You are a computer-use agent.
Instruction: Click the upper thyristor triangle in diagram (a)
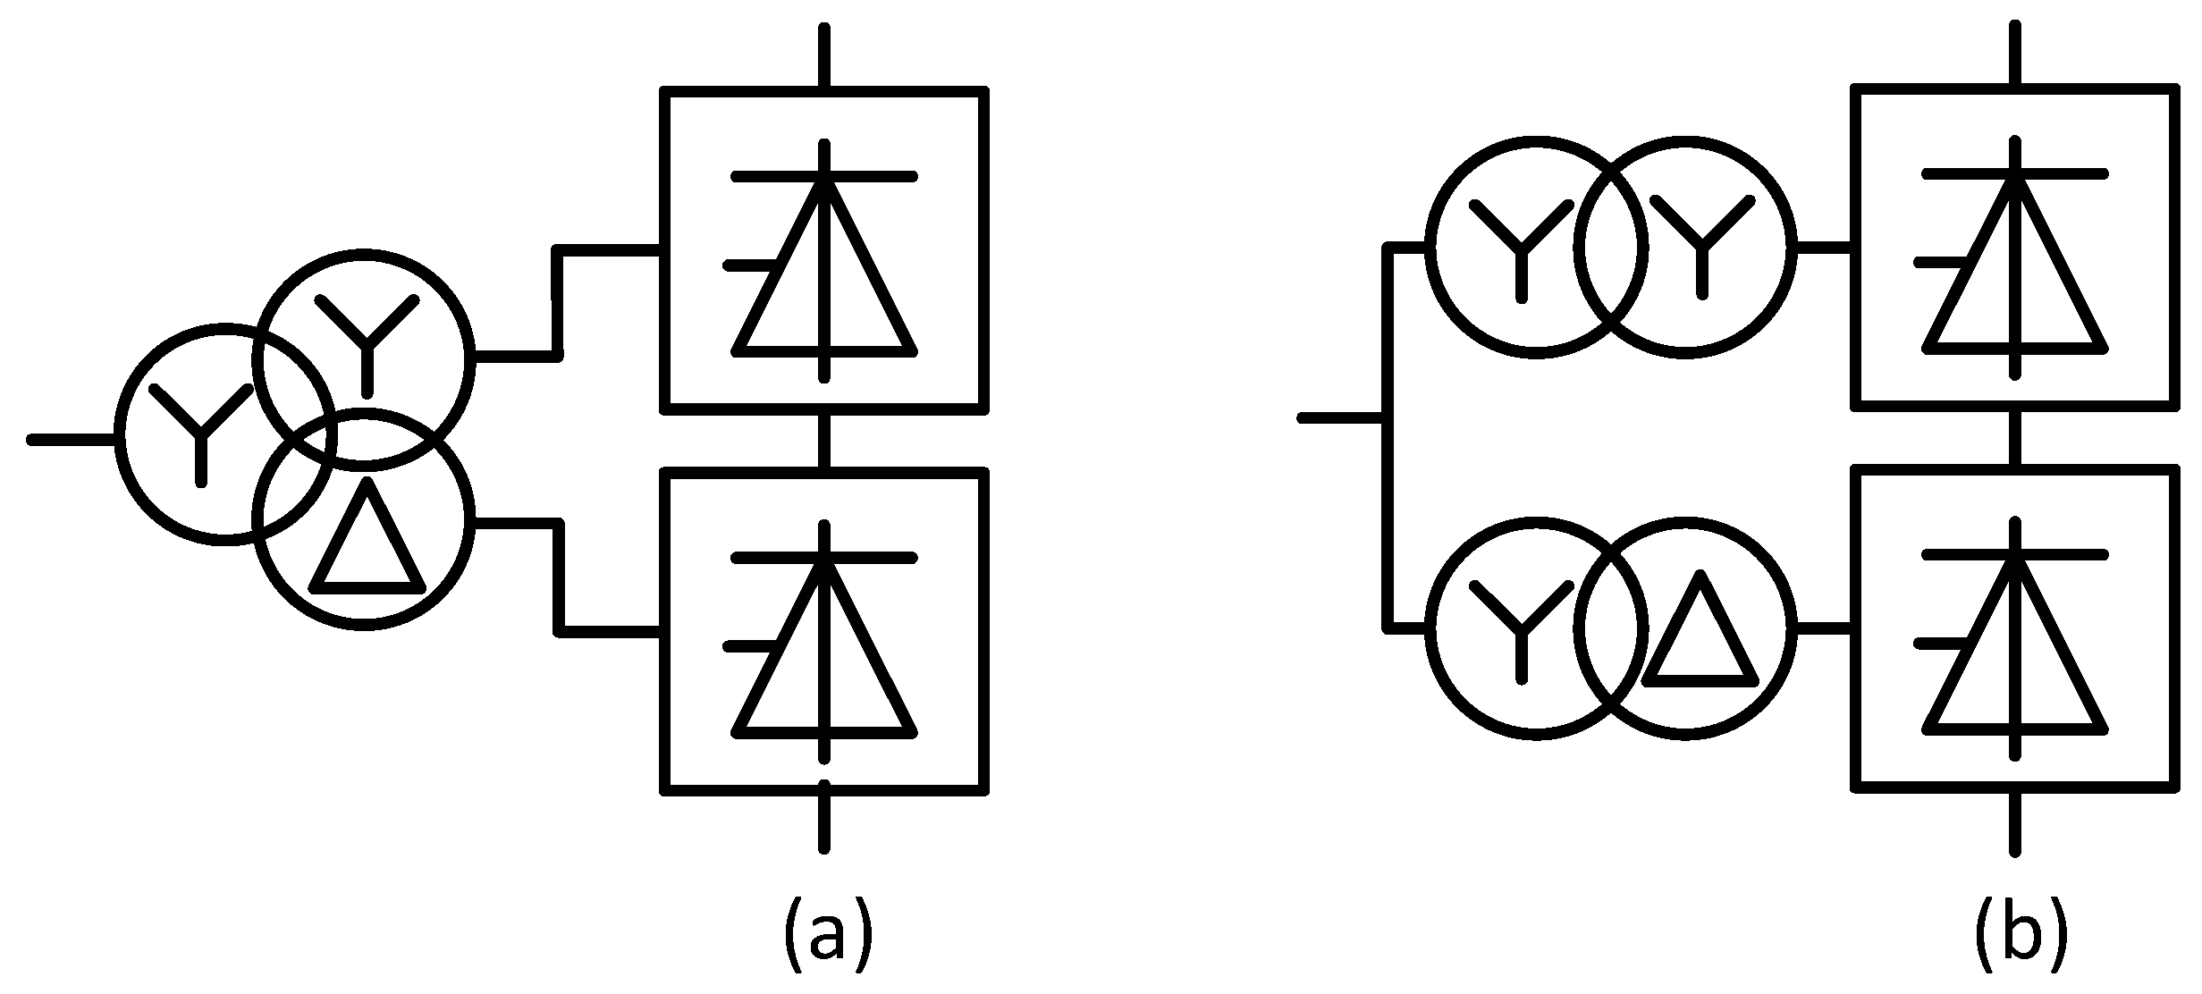824,277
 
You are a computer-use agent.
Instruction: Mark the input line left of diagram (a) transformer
72,439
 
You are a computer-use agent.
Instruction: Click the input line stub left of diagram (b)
1341,417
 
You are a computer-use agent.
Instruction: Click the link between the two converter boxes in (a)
824,441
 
